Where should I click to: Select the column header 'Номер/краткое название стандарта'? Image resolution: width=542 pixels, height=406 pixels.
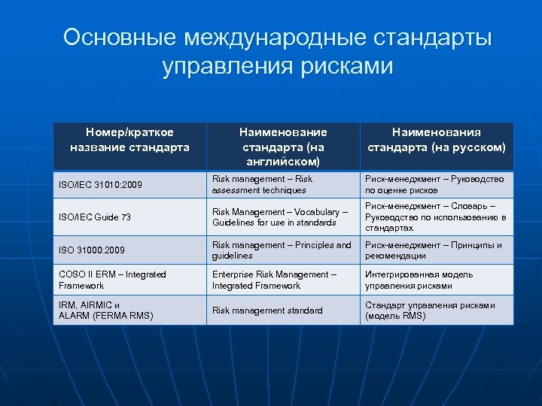(129, 140)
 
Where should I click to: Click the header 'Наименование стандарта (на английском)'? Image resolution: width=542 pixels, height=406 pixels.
(283, 147)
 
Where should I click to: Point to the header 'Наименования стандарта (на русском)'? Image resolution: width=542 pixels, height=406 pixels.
(437, 140)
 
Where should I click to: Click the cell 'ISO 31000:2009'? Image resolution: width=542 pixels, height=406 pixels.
(92, 250)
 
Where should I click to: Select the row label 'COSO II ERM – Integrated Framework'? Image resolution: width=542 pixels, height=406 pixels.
(112, 280)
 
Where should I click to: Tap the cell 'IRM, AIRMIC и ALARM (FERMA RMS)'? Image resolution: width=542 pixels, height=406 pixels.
(105, 310)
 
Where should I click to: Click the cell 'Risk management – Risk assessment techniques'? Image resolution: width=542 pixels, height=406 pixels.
(262, 185)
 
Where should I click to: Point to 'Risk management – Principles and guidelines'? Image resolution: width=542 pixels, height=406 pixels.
(282, 250)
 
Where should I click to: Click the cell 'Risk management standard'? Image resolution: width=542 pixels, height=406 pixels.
(267, 311)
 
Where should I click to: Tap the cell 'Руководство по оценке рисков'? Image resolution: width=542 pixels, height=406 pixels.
(434, 185)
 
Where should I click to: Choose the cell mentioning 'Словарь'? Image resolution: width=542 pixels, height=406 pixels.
(435, 217)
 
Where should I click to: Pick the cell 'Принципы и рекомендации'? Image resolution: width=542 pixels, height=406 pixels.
(434, 250)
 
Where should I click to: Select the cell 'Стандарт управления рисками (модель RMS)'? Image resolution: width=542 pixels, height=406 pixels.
(430, 311)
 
